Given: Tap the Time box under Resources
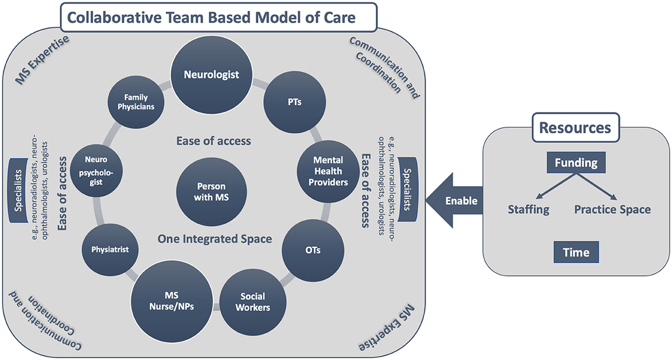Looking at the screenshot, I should (577, 252).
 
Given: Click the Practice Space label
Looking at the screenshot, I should (612, 209).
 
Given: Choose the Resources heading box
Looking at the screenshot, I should (575, 128).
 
